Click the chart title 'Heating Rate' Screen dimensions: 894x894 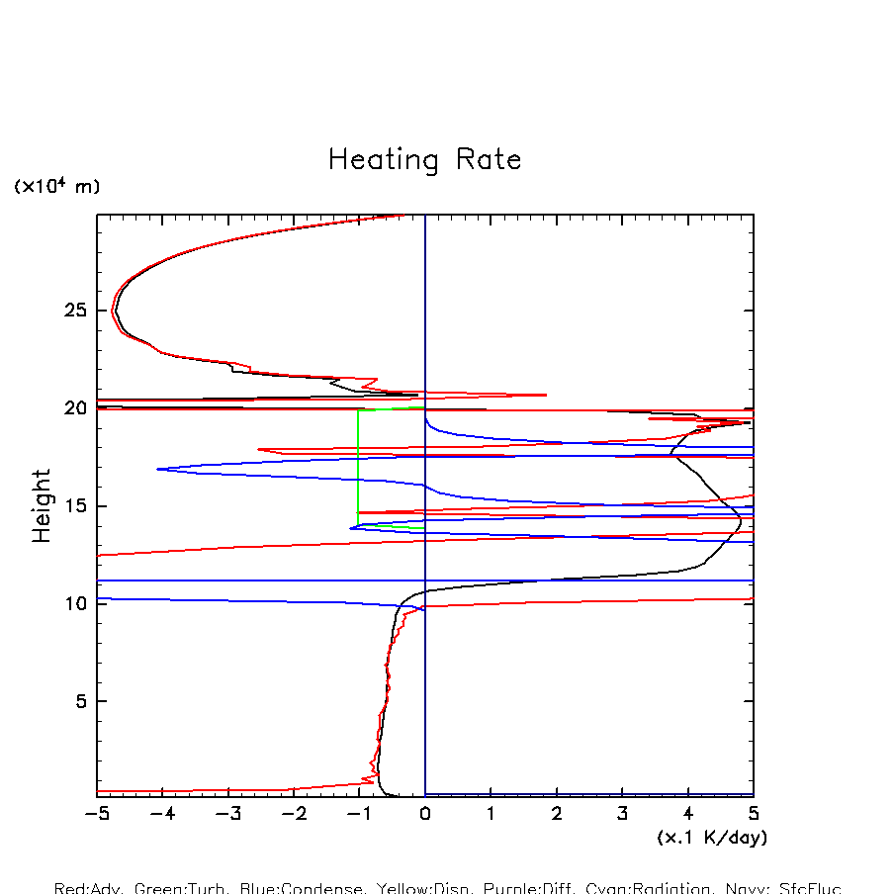click(x=424, y=160)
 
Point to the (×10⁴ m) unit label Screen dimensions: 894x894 click(x=56, y=186)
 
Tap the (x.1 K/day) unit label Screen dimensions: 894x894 click(x=712, y=837)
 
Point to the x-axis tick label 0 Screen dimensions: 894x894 click(x=425, y=814)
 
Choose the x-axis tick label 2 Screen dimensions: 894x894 click(x=557, y=814)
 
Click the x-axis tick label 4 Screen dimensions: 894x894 click(x=688, y=814)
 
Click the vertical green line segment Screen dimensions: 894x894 click(x=358, y=465)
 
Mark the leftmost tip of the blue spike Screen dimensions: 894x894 click(x=157, y=469)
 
